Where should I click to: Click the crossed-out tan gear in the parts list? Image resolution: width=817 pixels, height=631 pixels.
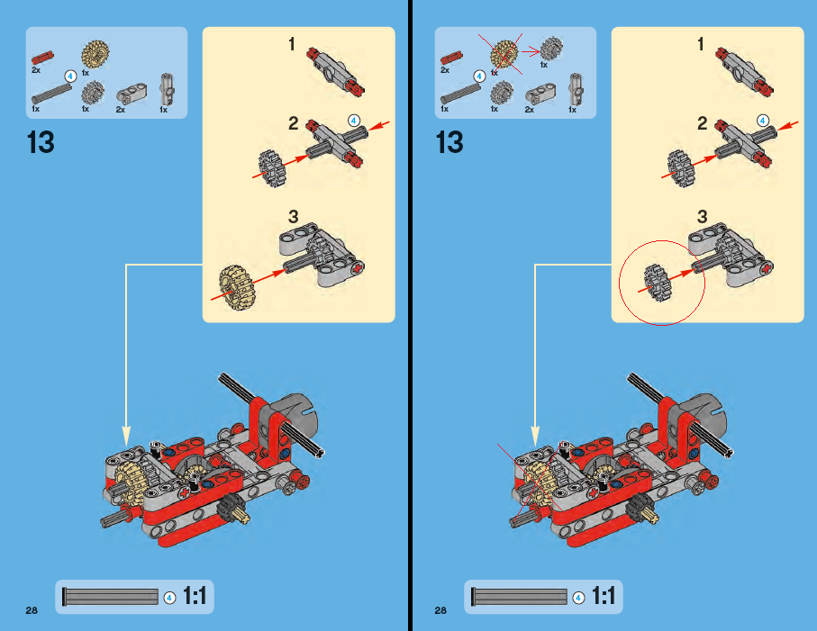[x=504, y=55]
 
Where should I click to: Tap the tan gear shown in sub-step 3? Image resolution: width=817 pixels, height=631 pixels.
[x=238, y=288]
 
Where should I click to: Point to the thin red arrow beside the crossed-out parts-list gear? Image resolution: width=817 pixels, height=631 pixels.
[x=531, y=51]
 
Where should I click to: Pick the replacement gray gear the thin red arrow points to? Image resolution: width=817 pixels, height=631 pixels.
[x=551, y=49]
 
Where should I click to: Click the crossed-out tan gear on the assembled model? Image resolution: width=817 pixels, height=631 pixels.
[x=538, y=484]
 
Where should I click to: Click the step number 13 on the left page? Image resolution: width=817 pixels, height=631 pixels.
[x=41, y=142]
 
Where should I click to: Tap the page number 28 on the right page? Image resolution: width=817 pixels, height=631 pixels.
[x=440, y=610]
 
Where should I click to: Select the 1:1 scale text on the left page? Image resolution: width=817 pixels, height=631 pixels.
[x=195, y=596]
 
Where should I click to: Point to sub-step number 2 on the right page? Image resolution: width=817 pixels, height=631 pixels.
[x=703, y=123]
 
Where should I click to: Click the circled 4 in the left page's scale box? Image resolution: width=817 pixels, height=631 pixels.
[x=170, y=598]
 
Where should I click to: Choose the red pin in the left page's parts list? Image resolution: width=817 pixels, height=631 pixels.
[x=42, y=58]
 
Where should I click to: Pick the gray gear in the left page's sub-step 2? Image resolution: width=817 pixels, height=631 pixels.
[x=272, y=168]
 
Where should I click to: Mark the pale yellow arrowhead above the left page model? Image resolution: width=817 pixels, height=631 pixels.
[x=126, y=436]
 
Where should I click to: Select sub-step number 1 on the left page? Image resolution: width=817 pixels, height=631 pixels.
[x=292, y=44]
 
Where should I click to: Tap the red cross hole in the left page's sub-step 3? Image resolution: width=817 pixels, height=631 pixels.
[x=357, y=269]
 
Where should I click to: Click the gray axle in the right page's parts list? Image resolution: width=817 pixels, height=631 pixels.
[x=460, y=95]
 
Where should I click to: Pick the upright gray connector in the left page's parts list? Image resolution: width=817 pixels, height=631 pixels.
[x=167, y=89]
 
